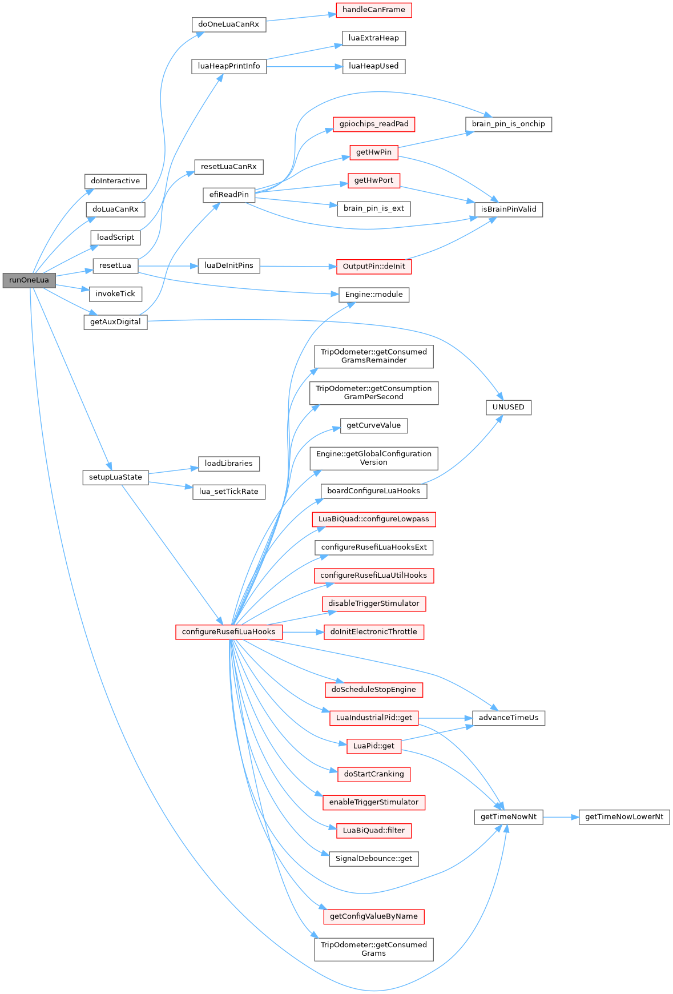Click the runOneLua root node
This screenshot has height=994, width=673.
(x=29, y=280)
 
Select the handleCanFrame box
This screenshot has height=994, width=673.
(x=374, y=10)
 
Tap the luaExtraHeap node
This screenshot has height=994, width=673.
(x=374, y=38)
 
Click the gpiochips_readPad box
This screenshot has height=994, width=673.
(x=374, y=124)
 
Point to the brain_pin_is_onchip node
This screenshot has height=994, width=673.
(x=508, y=124)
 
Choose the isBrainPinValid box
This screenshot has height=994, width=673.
(x=508, y=210)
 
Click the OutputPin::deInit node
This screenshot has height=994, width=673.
(x=374, y=267)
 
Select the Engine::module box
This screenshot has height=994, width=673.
(x=374, y=295)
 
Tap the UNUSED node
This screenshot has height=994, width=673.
(x=508, y=407)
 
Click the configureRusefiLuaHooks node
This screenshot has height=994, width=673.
(x=228, y=632)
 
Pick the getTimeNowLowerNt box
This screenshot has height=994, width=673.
(x=624, y=817)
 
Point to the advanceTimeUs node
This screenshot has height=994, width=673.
(x=508, y=718)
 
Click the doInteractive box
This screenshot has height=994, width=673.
(x=115, y=181)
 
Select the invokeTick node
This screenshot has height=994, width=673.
(x=115, y=294)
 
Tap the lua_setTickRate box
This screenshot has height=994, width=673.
(x=228, y=492)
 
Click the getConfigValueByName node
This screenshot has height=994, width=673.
(x=374, y=916)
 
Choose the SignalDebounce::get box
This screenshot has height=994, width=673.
(x=374, y=859)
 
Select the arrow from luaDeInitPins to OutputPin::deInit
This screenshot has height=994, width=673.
(x=297, y=266)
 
